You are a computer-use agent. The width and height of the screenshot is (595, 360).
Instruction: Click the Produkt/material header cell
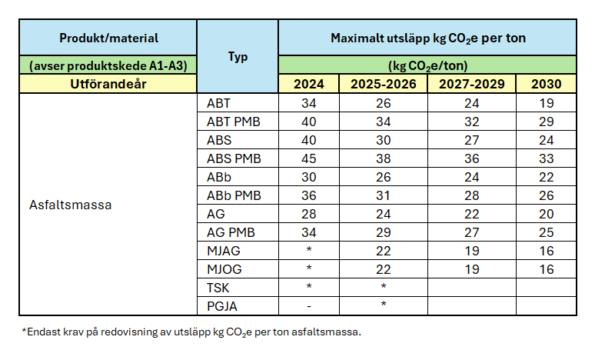tap(108, 38)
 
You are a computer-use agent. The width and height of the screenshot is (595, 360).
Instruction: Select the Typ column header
tap(238, 57)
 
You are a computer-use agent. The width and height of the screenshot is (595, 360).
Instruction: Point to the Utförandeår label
tap(108, 84)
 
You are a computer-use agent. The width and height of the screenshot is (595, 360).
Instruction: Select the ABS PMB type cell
tap(234, 159)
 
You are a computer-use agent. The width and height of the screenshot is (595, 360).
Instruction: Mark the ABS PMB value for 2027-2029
tap(471, 159)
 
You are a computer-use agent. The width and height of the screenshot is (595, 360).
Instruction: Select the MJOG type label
tap(224, 269)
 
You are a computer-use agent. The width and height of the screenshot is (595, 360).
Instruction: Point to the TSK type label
tap(218, 288)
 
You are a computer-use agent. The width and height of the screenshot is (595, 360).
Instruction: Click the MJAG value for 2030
tap(546, 251)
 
